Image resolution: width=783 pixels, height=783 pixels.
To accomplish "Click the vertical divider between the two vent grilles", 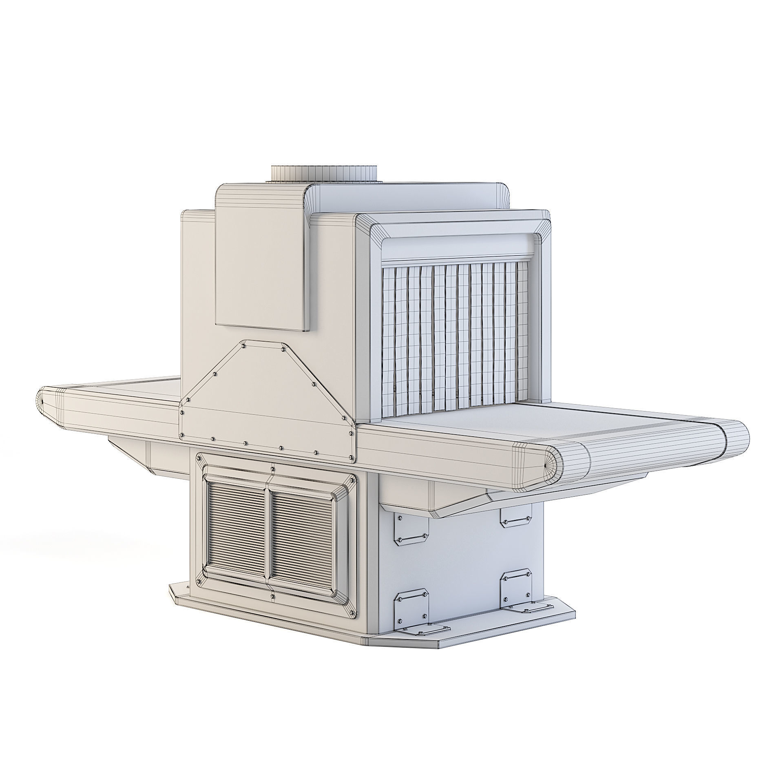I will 268,534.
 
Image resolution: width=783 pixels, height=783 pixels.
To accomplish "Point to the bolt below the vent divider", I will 272,597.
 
